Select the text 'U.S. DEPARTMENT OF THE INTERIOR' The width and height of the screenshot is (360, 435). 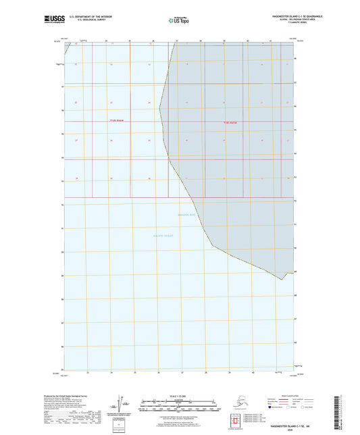[86, 16]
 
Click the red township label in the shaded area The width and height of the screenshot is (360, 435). [230, 122]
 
